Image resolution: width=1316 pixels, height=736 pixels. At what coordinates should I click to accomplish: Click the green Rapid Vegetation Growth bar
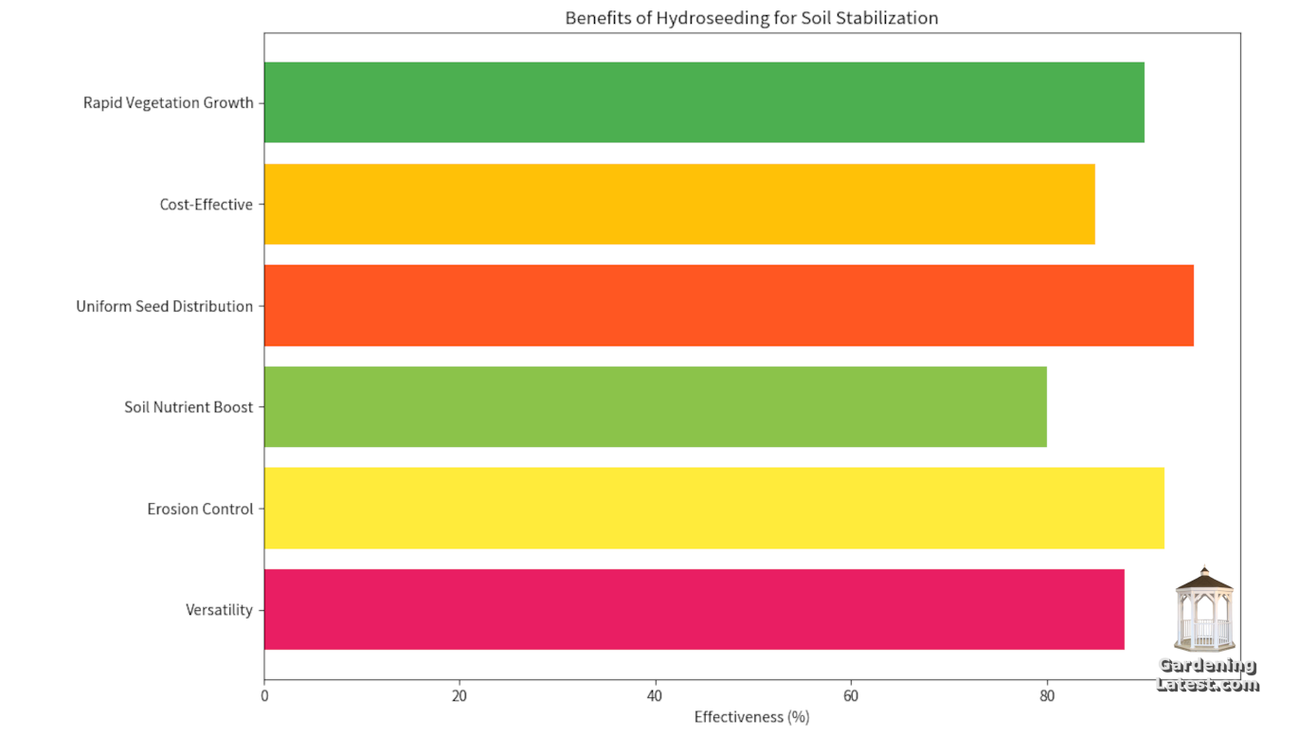(704, 102)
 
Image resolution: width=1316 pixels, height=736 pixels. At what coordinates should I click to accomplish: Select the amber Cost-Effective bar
(679, 204)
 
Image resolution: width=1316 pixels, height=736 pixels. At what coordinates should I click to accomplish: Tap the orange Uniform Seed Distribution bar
(729, 305)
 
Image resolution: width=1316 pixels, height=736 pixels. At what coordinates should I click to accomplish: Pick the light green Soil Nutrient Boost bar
(656, 406)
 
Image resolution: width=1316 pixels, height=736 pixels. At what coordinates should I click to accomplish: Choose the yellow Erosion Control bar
(714, 508)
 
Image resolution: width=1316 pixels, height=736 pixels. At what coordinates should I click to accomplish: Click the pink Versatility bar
(694, 609)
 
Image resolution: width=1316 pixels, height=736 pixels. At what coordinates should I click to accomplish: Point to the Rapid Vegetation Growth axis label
(169, 103)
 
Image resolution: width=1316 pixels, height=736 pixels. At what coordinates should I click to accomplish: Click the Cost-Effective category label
(207, 205)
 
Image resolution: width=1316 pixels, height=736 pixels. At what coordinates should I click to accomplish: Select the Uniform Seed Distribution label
(165, 306)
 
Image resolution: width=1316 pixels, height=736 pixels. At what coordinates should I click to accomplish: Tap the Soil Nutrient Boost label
(189, 407)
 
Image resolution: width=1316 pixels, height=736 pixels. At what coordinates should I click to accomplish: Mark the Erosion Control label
(201, 509)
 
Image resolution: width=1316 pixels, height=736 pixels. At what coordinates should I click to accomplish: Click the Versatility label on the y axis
(220, 610)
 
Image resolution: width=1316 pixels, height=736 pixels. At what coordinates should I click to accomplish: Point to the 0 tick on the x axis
(264, 696)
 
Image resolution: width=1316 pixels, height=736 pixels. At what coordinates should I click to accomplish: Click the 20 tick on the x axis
(460, 696)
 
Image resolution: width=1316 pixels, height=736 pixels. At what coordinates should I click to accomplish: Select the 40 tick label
(655, 696)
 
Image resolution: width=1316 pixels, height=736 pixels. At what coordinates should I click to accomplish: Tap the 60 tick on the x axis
(851, 696)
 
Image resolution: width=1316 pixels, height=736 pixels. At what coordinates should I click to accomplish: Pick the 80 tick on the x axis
(1046, 696)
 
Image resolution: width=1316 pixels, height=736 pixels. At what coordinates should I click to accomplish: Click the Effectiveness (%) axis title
(751, 717)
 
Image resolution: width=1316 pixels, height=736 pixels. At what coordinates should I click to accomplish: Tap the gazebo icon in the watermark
(1204, 608)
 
